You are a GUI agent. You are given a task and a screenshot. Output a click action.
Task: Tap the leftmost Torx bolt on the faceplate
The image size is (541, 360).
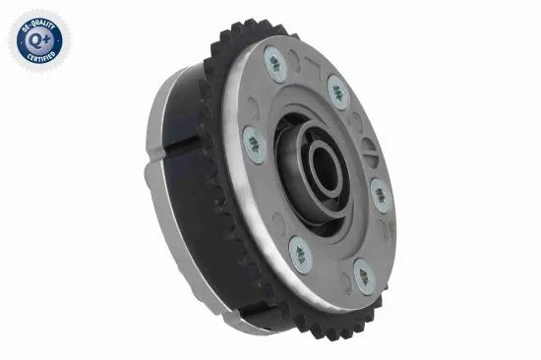pos(253,145)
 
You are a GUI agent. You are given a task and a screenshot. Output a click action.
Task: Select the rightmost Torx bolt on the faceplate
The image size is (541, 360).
pos(381,195)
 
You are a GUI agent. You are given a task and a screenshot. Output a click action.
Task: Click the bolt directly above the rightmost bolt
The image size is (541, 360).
pos(339,93)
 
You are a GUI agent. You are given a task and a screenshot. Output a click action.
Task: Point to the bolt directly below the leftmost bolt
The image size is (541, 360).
pos(300,254)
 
